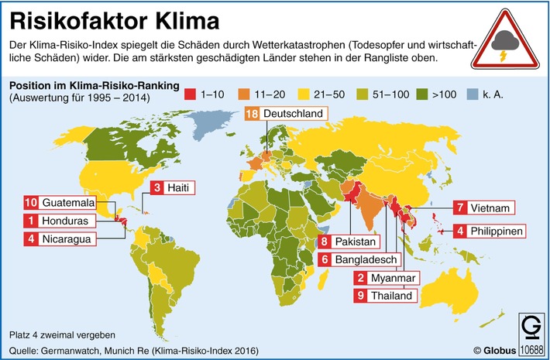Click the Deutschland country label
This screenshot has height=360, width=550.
(x=292, y=115)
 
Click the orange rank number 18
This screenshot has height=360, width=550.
(x=252, y=115)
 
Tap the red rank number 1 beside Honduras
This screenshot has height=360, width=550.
(x=32, y=221)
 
